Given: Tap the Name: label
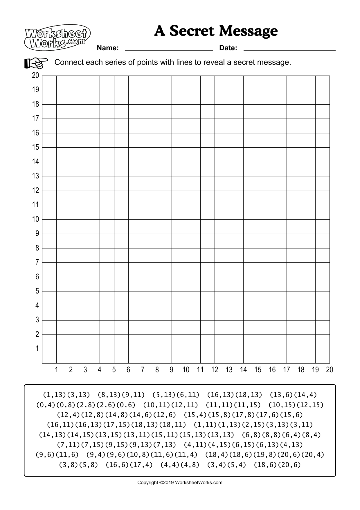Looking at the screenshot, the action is click(x=108, y=48).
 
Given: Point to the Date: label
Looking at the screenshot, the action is click(x=228, y=48).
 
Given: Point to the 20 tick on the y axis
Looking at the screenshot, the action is click(x=35, y=76).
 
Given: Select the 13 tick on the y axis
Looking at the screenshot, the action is click(x=35, y=176).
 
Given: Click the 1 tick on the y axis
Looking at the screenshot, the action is click(x=37, y=349).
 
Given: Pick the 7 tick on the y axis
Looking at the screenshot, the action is click(x=37, y=262).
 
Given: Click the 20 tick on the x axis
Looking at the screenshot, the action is click(x=330, y=370).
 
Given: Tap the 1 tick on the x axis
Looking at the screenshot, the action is click(x=56, y=370).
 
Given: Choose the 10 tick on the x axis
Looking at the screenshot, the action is click(x=186, y=370).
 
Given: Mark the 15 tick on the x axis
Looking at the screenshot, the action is click(x=258, y=370).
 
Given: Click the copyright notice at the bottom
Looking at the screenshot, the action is click(x=180, y=483).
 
